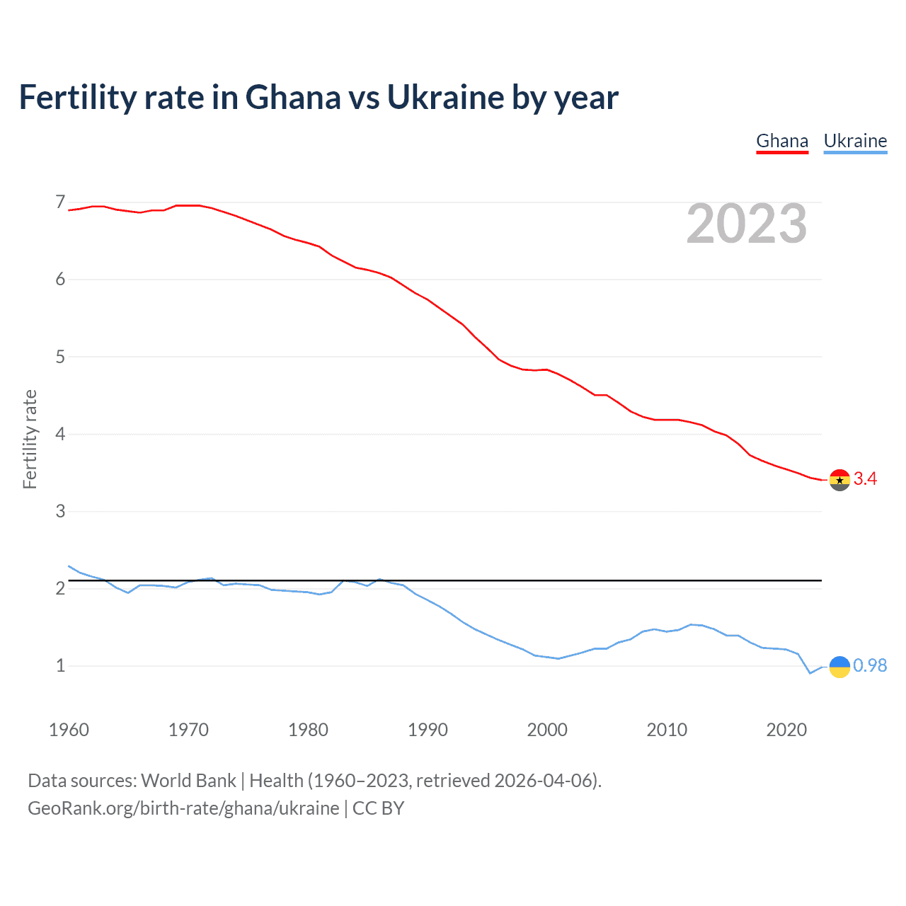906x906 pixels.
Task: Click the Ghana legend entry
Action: tap(782, 141)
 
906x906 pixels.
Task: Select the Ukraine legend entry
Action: tap(855, 141)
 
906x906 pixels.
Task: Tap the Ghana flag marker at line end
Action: tap(839, 480)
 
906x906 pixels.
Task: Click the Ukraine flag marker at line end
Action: tap(839, 666)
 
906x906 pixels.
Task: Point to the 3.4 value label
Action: tap(865, 479)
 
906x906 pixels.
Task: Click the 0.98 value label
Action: tap(870, 665)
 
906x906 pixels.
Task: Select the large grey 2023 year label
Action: tap(747, 224)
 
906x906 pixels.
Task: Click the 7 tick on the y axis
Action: tap(60, 202)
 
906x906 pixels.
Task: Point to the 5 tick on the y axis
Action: tap(60, 357)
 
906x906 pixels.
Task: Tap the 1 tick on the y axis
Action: tap(60, 665)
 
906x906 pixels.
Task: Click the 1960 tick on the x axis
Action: tap(69, 730)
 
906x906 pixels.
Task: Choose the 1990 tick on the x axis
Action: tap(428, 730)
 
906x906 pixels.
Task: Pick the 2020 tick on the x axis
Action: tap(786, 730)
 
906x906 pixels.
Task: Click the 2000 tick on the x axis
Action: tap(547, 730)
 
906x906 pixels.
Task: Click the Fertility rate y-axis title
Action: tap(30, 439)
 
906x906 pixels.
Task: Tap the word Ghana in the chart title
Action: tap(293, 98)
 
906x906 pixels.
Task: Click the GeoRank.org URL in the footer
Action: tap(183, 808)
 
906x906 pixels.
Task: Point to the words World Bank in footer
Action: tap(188, 781)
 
